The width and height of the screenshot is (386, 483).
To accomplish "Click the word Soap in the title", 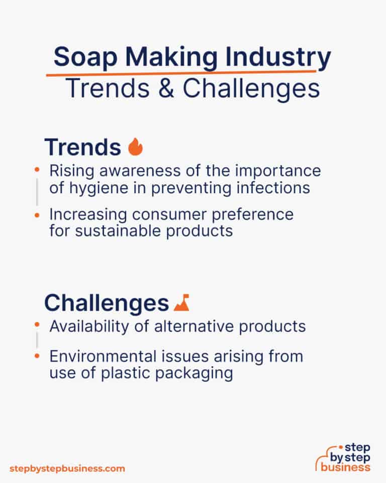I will pos(80,58).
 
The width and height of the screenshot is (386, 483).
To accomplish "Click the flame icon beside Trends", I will pos(135,147).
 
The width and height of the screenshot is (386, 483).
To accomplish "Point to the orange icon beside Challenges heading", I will pos(181,303).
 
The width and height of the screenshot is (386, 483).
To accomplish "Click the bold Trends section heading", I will pos(83,147).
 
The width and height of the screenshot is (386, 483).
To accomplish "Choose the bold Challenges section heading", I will pos(106,303).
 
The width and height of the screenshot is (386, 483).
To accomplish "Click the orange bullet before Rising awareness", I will pos(37,171).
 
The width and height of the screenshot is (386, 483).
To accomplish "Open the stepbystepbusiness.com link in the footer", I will pos(67,468).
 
